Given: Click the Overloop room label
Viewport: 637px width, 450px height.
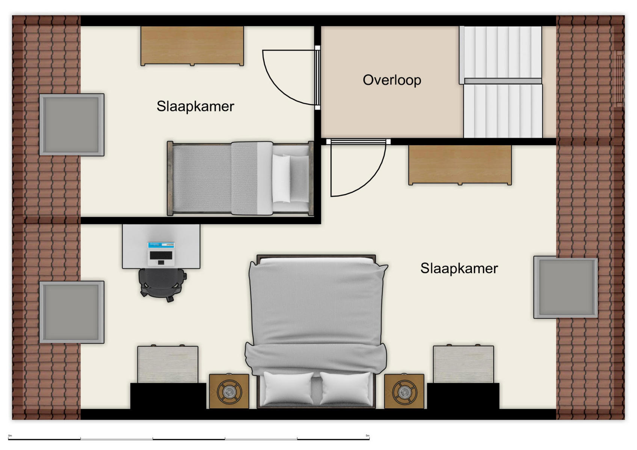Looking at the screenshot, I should (392, 80).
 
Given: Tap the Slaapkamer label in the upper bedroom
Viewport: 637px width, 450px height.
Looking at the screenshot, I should (195, 106).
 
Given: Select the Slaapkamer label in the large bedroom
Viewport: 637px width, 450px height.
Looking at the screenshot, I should (459, 268).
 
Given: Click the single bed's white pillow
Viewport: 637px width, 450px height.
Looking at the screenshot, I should (281, 178).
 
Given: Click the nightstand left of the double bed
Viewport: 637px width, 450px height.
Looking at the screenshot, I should (229, 391).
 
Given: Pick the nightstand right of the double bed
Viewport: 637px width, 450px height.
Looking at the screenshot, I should (404, 391).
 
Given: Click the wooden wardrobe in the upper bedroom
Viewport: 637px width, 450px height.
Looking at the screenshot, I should (192, 46).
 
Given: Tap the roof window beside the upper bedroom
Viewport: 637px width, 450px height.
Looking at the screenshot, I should (72, 124).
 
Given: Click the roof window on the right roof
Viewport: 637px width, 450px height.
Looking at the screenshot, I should (566, 287).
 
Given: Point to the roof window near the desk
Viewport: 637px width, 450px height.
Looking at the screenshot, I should (72, 312).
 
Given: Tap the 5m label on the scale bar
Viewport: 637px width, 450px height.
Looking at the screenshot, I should (367, 436).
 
